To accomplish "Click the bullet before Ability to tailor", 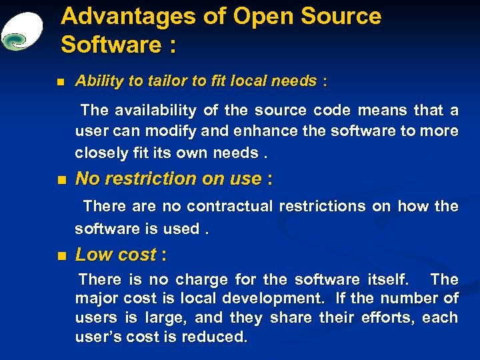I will [x=61, y=83].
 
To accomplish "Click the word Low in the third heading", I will [x=92, y=255].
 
